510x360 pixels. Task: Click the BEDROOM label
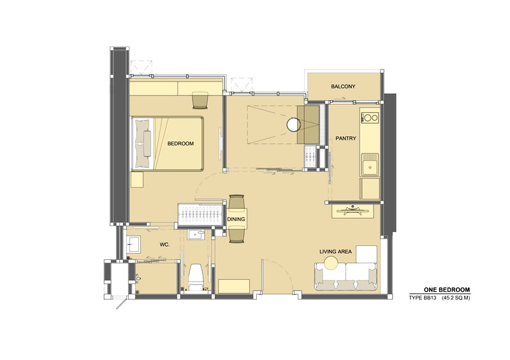[x=180, y=143]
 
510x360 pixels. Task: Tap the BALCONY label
[x=343, y=87]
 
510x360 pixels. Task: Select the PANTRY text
[x=346, y=138]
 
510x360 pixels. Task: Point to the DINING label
[x=236, y=219]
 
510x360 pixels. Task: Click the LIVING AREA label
[x=335, y=252]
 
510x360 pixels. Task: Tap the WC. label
[x=164, y=245]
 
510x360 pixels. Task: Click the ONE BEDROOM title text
[x=447, y=290]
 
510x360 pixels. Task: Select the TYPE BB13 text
[x=423, y=298]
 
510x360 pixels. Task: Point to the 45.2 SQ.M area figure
[x=456, y=298]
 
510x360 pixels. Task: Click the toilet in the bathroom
[x=196, y=277]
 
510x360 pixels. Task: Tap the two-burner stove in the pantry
[x=370, y=117]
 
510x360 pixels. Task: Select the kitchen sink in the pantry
[x=370, y=165]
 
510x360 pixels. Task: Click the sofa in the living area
[x=346, y=277]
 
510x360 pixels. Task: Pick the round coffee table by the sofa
[x=331, y=263]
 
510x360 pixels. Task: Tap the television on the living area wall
[x=353, y=211]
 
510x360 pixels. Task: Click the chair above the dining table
[x=237, y=201]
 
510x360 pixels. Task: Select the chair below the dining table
[x=237, y=236]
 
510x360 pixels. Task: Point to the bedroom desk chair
[x=200, y=100]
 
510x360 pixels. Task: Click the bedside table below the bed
[x=137, y=180]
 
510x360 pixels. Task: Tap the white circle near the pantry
[x=293, y=124]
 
